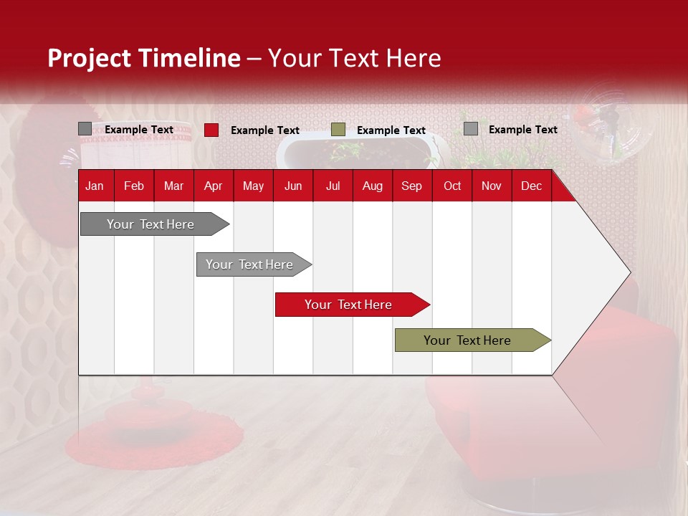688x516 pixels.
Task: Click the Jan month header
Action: point(95,186)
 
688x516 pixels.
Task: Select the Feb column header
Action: point(134,186)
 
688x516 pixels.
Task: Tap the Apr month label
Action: point(214,186)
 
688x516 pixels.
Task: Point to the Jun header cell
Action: point(293,186)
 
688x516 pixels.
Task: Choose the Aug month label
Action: point(373,186)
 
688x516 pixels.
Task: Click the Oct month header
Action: point(452,186)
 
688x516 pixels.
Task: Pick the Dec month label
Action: point(531,186)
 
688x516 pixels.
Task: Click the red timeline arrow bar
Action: point(353,305)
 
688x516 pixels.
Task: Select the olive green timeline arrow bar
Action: point(473,340)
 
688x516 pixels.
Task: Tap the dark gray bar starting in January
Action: point(155,224)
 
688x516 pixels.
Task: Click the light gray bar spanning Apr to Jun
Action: point(254,264)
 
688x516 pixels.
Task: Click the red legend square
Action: point(211,130)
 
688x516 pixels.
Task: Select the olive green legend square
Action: point(338,130)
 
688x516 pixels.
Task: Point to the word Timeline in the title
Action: point(189,58)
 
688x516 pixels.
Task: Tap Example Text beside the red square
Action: point(265,130)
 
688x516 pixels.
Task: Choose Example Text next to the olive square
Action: point(391,130)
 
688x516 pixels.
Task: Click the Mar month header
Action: point(173,186)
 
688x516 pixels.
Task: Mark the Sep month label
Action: point(411,186)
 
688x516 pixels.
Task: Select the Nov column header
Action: point(492,186)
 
